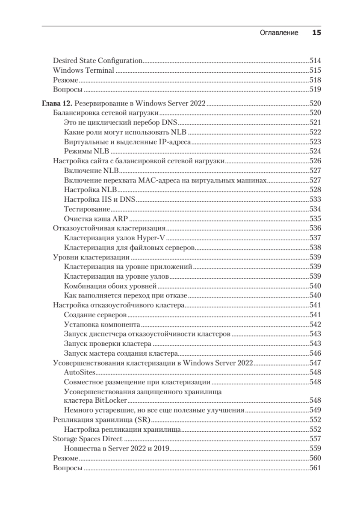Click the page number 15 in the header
pyautogui.click(x=316, y=32)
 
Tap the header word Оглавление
pyautogui.click(x=279, y=33)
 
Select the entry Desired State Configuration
pyautogui.click(x=97, y=61)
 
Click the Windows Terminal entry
pyautogui.click(x=83, y=71)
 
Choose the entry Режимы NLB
pyautogui.click(x=87, y=151)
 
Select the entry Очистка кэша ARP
pyautogui.click(x=93, y=219)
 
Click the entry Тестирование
pyautogui.click(x=87, y=209)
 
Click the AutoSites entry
pyautogui.click(x=79, y=373)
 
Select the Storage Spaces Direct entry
pyautogui.click(x=87, y=439)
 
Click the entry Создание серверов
pyautogui.click(x=95, y=315)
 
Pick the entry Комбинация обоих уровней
pyautogui.click(x=110, y=286)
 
